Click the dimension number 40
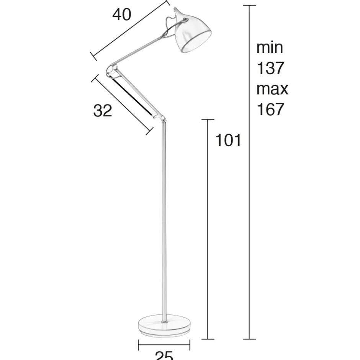[122, 15]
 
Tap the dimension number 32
[103, 111]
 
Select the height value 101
[228, 141]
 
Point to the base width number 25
[164, 355]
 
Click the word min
[270, 48]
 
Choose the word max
[272, 89]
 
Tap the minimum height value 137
[270, 69]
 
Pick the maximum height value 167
[270, 110]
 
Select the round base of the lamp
[164, 325]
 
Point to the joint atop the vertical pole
[162, 119]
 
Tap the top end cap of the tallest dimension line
[249, 6]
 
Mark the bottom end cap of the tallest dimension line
[249, 339]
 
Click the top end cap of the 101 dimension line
[208, 119]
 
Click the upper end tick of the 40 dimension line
[167, 3]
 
